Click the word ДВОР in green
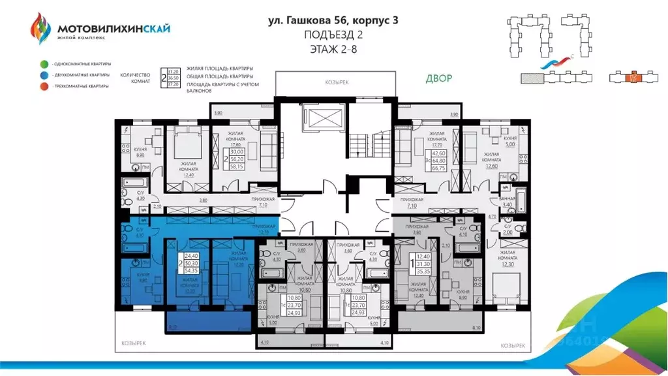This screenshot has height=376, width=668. [x=438, y=78]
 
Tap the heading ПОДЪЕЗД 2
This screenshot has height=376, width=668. [x=334, y=34]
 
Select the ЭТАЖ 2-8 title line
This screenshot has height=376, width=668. [x=334, y=48]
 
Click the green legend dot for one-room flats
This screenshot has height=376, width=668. [x=42, y=64]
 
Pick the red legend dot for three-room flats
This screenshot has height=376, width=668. [x=42, y=86]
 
